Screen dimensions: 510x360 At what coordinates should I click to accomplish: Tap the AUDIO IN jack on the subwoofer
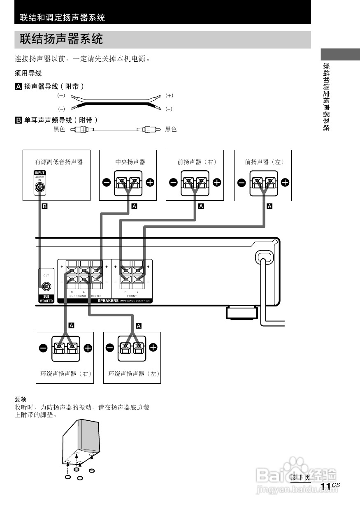tap(39, 188)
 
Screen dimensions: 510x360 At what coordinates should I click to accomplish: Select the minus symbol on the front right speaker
tap(173, 182)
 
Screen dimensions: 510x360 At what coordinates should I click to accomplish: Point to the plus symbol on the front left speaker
tap(285, 182)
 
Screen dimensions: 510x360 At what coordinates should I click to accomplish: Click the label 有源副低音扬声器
tap(58, 162)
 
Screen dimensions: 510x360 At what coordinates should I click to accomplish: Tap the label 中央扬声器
tap(130, 162)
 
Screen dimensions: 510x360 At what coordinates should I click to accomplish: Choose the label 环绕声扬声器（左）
tap(134, 374)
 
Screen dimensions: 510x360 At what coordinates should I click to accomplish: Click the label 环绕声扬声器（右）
tap(65, 374)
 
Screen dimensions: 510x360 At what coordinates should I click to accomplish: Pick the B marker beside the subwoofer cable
tap(45, 206)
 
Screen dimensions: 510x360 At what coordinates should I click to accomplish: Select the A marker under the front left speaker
tap(270, 206)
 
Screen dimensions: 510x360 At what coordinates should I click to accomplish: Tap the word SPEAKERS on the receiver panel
tap(108, 301)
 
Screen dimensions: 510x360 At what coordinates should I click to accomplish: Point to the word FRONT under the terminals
tap(132, 296)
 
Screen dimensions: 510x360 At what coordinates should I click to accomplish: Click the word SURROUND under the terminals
tap(78, 296)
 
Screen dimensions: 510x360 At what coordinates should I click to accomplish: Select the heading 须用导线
tap(28, 74)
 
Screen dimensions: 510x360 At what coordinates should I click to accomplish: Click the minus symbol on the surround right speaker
tap(43, 348)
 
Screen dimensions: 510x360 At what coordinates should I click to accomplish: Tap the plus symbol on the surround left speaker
tap(153, 348)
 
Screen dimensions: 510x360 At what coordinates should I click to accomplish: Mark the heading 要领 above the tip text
tap(21, 399)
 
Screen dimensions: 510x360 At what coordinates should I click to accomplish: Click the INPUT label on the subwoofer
tap(40, 173)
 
